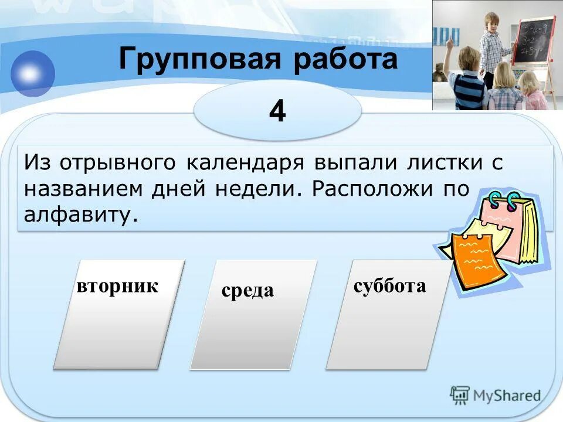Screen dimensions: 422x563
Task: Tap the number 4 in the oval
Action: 277,111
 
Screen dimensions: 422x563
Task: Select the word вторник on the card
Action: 117,286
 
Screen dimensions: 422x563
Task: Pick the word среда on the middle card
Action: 247,290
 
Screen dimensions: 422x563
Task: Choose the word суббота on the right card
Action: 389,286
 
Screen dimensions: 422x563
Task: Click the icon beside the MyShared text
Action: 460,396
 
